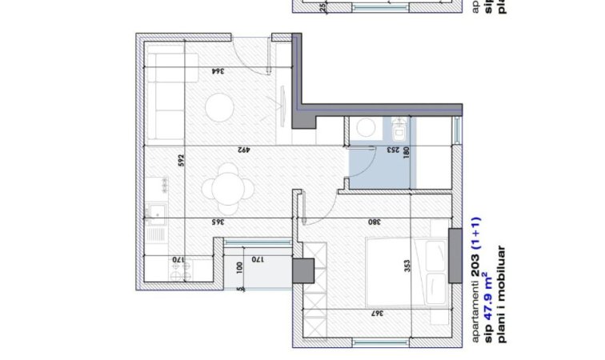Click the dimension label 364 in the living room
click(217, 71)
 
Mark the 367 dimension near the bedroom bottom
click(377, 314)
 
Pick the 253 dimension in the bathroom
click(395, 149)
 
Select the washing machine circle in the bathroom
click(367, 127)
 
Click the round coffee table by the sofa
click(218, 107)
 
